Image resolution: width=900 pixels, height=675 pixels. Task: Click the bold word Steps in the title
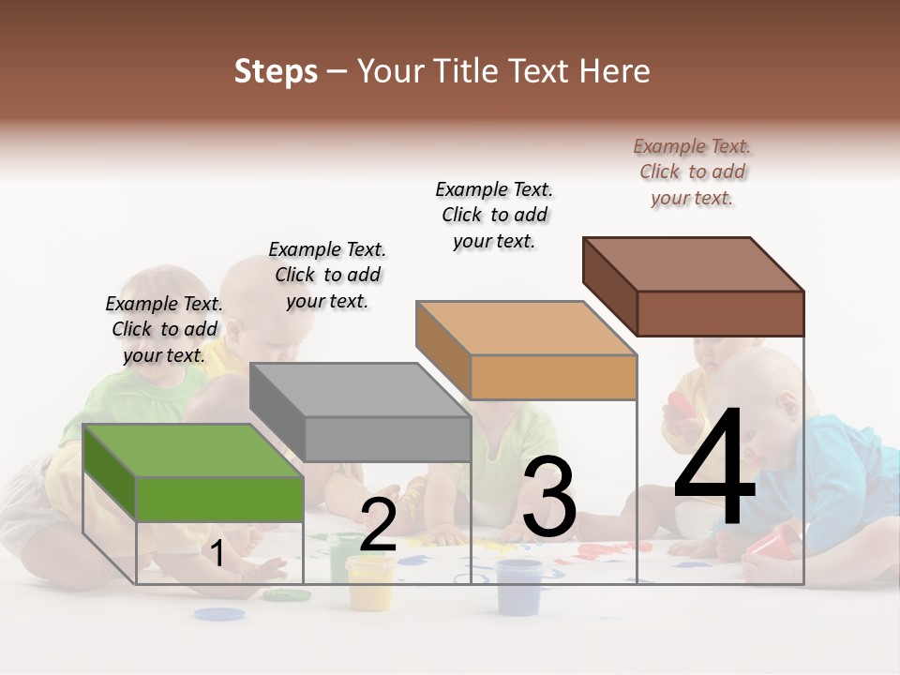pyautogui.click(x=276, y=71)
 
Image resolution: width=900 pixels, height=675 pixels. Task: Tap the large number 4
pyautogui.click(x=714, y=469)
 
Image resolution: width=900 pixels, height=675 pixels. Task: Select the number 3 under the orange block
pyautogui.click(x=549, y=498)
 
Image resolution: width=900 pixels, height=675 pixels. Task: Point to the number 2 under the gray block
pyautogui.click(x=378, y=525)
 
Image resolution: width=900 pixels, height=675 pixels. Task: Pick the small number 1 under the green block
pyautogui.click(x=217, y=554)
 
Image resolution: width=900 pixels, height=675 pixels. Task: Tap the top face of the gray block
pyautogui.click(x=360, y=389)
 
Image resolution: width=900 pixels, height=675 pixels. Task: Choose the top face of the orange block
pyautogui.click(x=525, y=328)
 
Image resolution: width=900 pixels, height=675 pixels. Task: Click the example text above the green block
pyautogui.click(x=165, y=329)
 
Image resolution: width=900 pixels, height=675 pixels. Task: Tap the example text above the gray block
pyautogui.click(x=327, y=275)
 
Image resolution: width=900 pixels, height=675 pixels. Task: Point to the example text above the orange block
pyautogui.click(x=495, y=215)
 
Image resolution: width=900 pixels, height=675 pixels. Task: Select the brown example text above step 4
pyautogui.click(x=693, y=172)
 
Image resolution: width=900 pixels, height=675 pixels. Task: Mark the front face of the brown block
pyautogui.click(x=720, y=313)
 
